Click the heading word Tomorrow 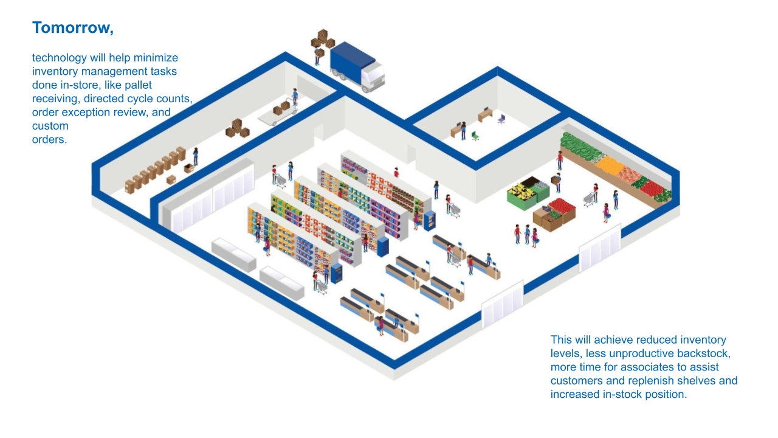coord(72,28)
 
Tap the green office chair coord(475,136)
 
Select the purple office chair coord(501,119)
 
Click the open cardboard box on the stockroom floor coord(189,168)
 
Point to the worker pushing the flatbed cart coord(295,97)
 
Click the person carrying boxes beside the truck coord(317,57)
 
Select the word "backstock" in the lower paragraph coord(701,353)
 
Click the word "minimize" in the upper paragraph coord(156,58)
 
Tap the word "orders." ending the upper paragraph coord(49,139)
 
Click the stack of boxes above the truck coord(323,39)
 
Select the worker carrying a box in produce coord(557,181)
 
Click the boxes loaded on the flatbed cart coord(281,108)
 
